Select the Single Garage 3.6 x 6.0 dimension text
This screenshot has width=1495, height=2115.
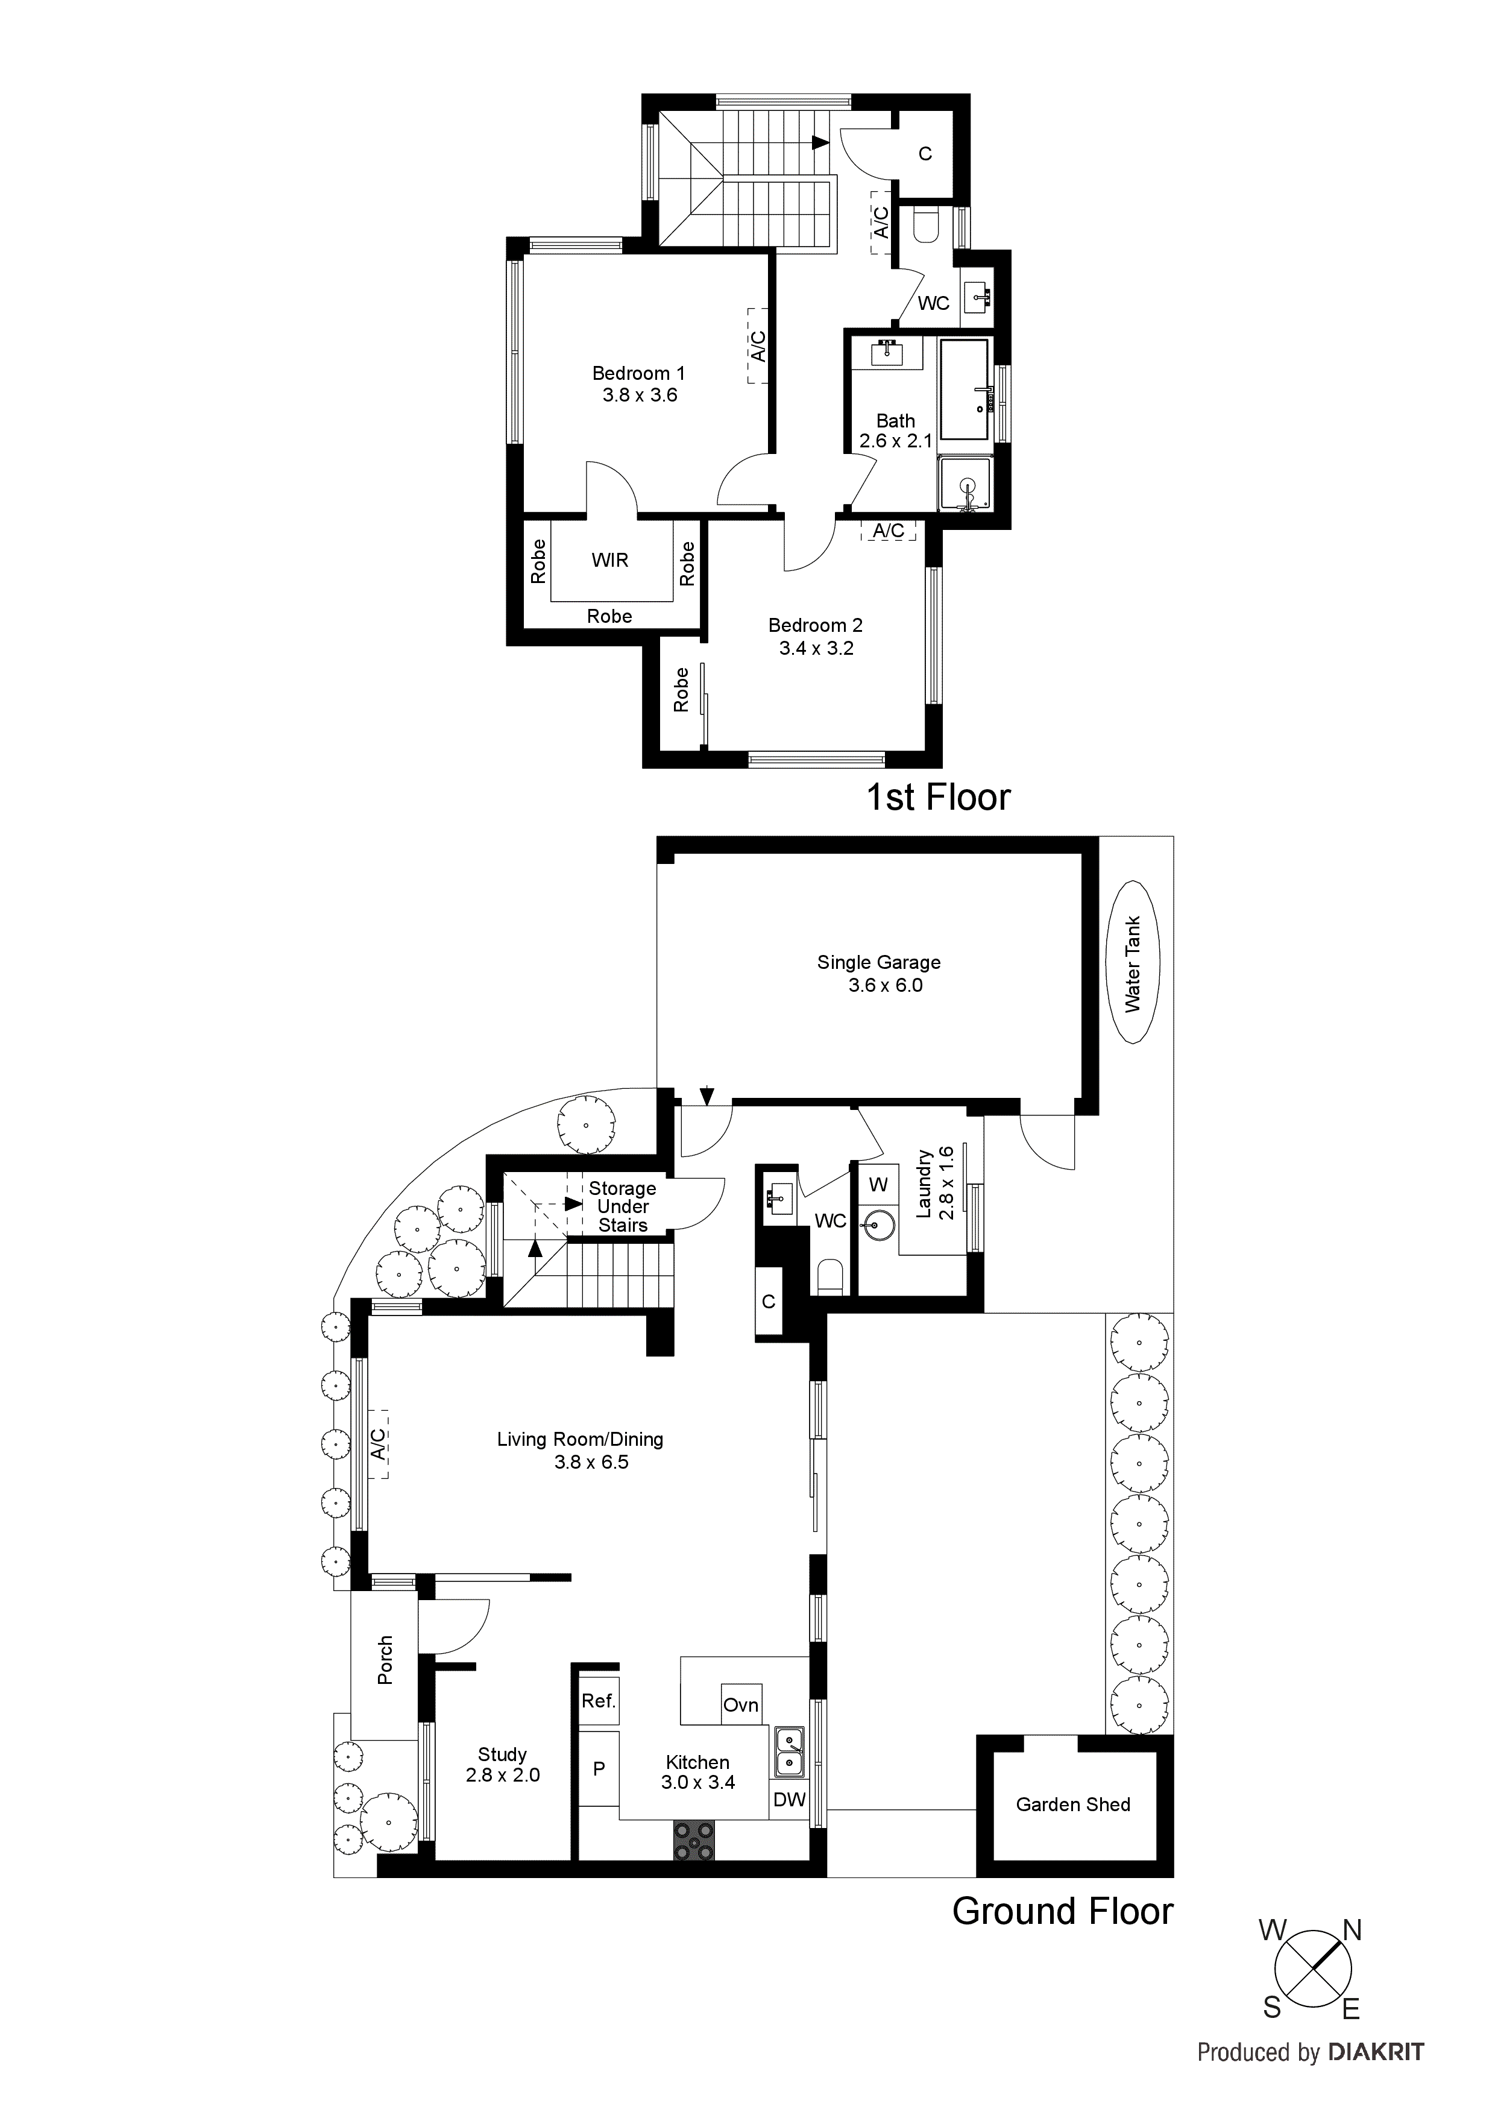click(884, 986)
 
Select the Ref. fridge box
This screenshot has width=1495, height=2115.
click(598, 1701)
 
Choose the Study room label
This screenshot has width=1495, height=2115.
click(502, 1755)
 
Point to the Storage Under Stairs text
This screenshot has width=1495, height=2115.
click(623, 1207)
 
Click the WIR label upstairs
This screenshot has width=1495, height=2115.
click(610, 560)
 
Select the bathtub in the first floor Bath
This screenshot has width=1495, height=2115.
click(965, 389)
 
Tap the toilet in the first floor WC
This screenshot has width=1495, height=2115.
click(925, 225)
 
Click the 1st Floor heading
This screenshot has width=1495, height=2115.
click(938, 798)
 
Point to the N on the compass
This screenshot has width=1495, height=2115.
click(1352, 1931)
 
